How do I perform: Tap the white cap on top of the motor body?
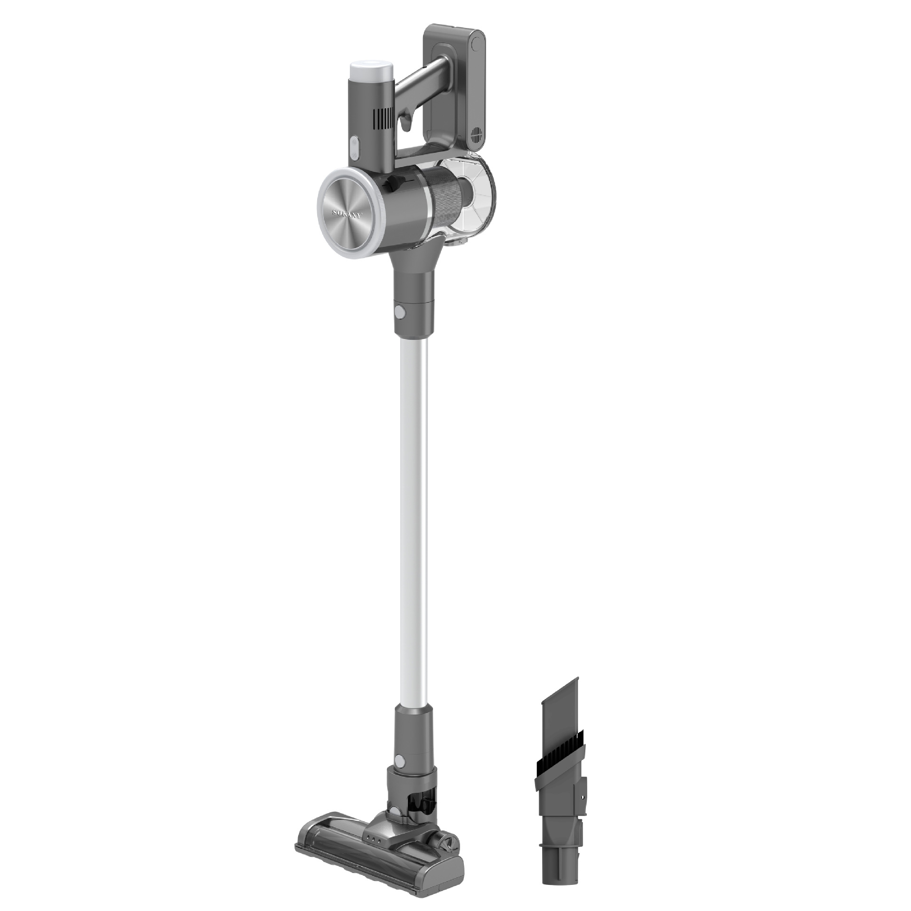point(371,70)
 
